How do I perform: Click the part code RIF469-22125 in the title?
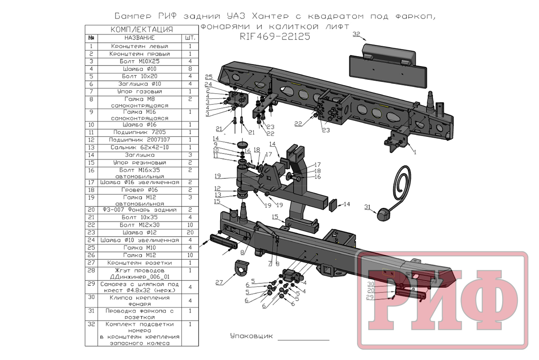click(275, 37)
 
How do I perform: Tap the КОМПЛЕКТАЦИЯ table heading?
click(141, 30)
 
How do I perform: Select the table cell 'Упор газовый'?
click(139, 92)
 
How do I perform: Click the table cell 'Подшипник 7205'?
click(139, 132)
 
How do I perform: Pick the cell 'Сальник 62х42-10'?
click(139, 147)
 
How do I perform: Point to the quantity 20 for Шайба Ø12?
click(190, 233)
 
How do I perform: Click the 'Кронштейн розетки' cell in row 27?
click(139, 263)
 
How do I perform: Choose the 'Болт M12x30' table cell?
click(139, 224)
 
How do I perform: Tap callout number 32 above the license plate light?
click(356, 34)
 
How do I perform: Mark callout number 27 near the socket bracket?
click(219, 282)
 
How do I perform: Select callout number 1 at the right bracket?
click(415, 152)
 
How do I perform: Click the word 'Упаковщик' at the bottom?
click(251, 336)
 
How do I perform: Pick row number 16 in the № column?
click(91, 171)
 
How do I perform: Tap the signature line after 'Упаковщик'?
click(304, 339)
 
